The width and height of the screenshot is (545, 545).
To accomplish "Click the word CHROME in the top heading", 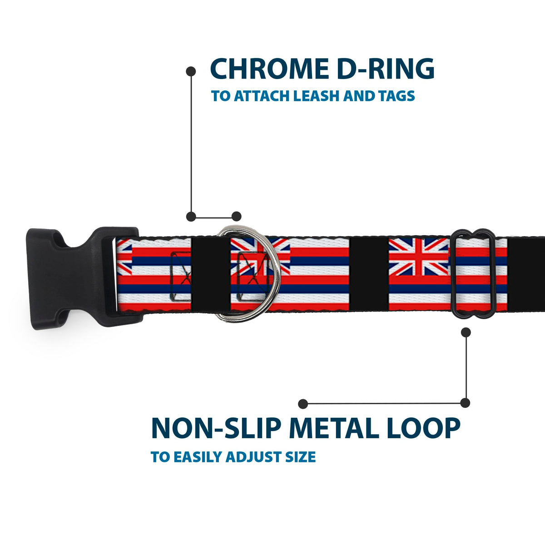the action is (x=269, y=69).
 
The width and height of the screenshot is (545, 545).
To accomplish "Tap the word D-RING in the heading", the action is (x=386, y=69).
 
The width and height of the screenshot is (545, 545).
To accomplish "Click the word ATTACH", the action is (x=262, y=96).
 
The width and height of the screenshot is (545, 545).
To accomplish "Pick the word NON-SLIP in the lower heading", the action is (x=216, y=428).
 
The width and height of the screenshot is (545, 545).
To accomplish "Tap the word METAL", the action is (x=334, y=428).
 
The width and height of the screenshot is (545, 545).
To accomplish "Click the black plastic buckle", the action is (x=84, y=278).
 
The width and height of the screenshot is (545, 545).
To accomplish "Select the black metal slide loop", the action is (x=453, y=274).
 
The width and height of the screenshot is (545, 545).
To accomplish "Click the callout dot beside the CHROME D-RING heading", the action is (x=191, y=72).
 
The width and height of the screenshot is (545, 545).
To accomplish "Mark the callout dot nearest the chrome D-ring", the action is (x=236, y=216).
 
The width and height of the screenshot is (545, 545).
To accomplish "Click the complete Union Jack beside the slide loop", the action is (x=419, y=257).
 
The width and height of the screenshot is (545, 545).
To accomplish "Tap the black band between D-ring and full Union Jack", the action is (x=369, y=274).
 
